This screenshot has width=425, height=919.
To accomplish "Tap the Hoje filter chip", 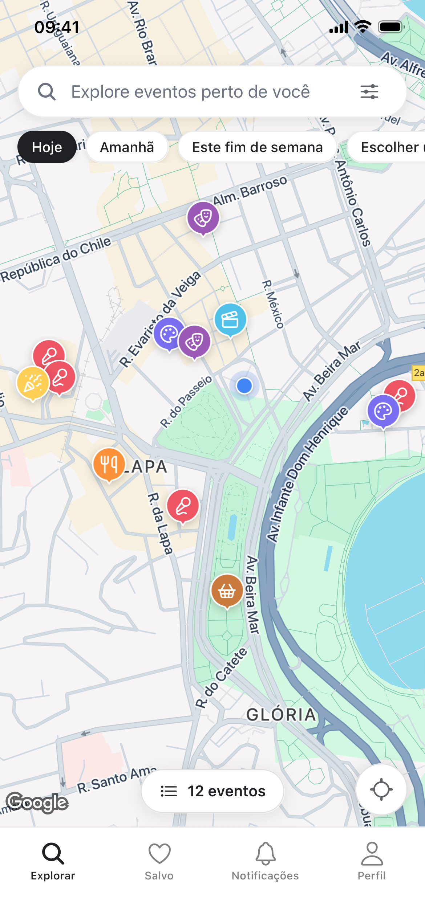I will [x=47, y=147].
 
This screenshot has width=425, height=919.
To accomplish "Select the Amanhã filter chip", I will [x=127, y=147].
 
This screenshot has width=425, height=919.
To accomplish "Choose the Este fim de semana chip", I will [x=257, y=147].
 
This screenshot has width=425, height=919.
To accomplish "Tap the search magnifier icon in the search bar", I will [x=47, y=91].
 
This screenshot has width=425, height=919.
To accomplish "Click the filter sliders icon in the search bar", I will [x=369, y=91].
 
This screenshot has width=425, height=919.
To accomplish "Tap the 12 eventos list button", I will [x=212, y=791].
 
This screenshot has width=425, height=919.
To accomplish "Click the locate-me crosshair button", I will [x=381, y=789].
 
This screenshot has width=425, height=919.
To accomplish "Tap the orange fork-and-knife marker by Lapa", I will [x=109, y=464].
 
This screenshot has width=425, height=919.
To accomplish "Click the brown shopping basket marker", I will [x=227, y=590].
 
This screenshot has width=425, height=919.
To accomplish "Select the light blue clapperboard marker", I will [x=230, y=319].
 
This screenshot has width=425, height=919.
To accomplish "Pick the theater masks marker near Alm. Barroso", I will [x=203, y=218].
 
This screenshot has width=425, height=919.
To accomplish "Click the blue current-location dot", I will [x=244, y=385].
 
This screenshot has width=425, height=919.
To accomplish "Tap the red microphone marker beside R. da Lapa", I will [x=183, y=506].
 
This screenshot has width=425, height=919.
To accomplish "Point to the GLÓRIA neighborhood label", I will [x=281, y=714].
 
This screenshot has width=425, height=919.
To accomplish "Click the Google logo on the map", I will [x=37, y=802].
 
